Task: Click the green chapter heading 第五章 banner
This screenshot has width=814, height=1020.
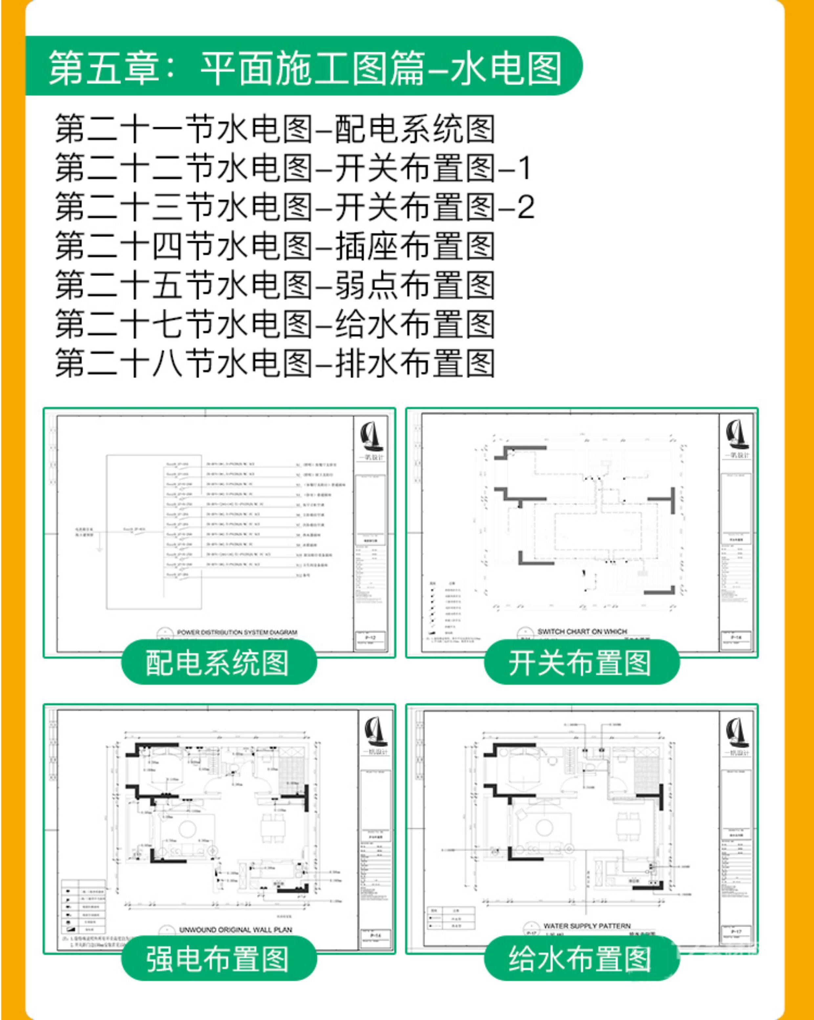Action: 303,67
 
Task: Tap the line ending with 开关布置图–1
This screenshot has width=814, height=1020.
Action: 293,168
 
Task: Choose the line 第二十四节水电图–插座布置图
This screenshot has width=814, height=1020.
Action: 274,246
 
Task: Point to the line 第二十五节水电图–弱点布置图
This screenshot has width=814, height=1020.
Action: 274,285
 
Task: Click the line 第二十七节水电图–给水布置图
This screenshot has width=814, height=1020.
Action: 274,325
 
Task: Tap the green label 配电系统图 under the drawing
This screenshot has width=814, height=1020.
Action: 218,662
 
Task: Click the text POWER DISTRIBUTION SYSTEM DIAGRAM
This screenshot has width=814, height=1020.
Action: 237,632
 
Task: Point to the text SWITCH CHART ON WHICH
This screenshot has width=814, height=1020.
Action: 582,631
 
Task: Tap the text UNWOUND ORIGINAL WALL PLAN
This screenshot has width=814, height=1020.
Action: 235,930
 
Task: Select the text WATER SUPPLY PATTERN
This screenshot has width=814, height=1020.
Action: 587,925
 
